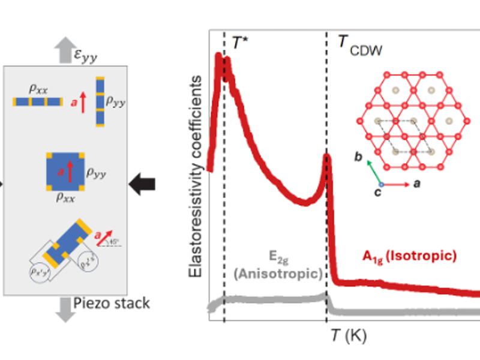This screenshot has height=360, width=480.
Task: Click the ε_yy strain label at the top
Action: tap(85, 56)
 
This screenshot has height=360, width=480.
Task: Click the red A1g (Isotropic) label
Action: tap(409, 256)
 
